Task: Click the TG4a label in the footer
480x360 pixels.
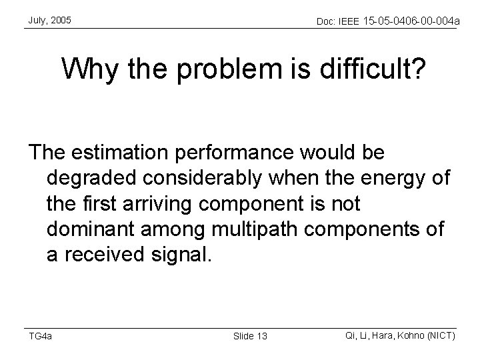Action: tap(40, 335)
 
